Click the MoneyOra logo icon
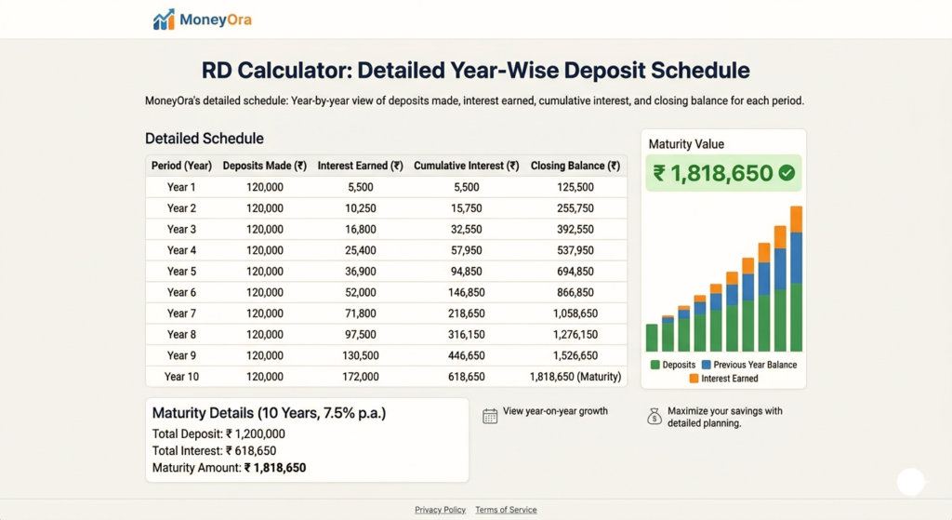164,20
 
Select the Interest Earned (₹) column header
360,167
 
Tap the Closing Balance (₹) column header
575,167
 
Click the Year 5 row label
181,272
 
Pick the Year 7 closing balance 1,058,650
575,313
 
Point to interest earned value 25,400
360,250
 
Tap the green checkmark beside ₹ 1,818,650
787,173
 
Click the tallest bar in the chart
796,279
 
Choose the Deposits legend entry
673,365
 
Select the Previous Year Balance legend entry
748,365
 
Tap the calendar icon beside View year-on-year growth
490,416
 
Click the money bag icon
654,417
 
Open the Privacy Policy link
440,510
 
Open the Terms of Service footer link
506,510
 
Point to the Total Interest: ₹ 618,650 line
213,451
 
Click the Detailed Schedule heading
204,139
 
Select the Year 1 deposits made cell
264,187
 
